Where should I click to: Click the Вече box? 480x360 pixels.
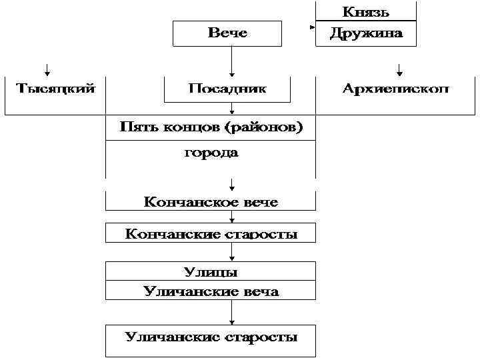(x=227, y=33)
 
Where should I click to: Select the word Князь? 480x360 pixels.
(x=366, y=11)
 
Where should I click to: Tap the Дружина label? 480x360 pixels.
(x=366, y=33)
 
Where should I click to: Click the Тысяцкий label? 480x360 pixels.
(x=55, y=88)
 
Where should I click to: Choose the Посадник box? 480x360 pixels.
(x=227, y=89)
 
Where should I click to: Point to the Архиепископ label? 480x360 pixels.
(x=396, y=88)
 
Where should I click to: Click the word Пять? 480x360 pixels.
(x=137, y=128)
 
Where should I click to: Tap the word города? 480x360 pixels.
(x=211, y=153)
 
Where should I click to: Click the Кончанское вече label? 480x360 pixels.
(x=211, y=201)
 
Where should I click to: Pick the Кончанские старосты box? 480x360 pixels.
(x=211, y=233)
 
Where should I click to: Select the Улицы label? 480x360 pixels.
(x=211, y=271)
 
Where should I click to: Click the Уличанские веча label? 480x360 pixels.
(x=211, y=291)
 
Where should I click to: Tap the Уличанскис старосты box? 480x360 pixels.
(x=211, y=337)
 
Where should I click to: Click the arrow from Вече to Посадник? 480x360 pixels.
(x=231, y=61)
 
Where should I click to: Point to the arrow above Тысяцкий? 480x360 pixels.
(x=47, y=69)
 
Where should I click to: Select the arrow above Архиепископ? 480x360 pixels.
(x=399, y=69)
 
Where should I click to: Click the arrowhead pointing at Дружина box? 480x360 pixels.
(x=311, y=28)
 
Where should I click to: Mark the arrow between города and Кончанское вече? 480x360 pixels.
(x=231, y=183)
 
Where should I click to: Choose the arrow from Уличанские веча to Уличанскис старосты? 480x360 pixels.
(x=231, y=312)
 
